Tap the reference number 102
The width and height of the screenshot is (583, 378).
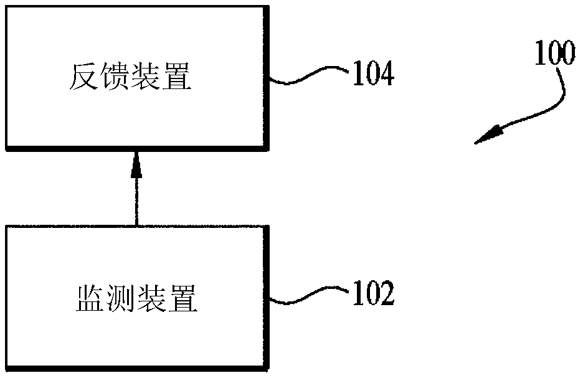coord(373,293)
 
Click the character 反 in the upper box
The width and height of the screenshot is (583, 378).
coord(82,78)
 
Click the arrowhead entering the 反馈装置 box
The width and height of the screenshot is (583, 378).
coord(135,163)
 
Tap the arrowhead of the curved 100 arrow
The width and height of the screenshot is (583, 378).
coord(488,135)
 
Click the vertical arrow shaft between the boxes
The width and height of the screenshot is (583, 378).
coord(135,199)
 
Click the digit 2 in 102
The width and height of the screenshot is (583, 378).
coord(386,293)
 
